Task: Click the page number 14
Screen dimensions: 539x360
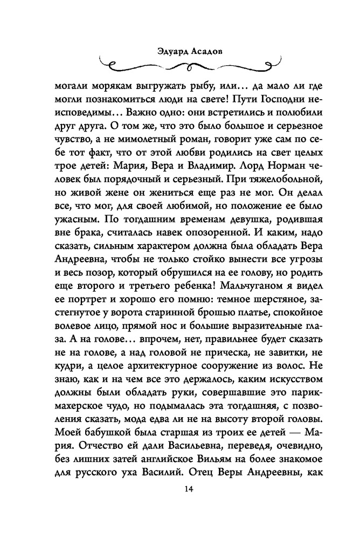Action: click(x=188, y=489)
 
